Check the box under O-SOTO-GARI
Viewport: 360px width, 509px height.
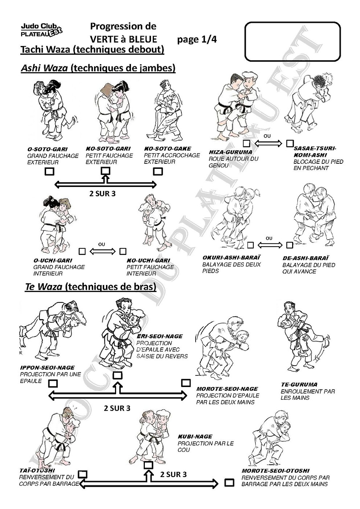click(49, 171)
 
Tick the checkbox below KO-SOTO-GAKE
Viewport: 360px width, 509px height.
click(158, 171)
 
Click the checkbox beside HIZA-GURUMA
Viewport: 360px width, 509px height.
click(247, 143)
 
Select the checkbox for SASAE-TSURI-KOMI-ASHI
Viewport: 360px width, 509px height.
click(290, 143)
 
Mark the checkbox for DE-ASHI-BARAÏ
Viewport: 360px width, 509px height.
click(289, 245)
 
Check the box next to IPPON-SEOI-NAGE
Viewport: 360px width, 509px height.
click(53, 384)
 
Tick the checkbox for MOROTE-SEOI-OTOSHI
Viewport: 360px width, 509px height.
click(229, 482)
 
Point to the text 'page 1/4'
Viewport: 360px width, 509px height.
click(197, 40)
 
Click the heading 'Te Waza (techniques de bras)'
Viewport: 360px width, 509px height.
click(90, 287)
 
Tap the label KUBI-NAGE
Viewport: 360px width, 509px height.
click(195, 436)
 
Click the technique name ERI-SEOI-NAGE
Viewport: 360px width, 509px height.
click(159, 336)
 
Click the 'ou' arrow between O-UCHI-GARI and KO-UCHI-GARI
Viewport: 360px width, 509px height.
click(102, 251)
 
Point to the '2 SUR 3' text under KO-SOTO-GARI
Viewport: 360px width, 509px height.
click(102, 194)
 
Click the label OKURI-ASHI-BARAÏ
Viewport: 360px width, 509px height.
click(231, 258)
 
